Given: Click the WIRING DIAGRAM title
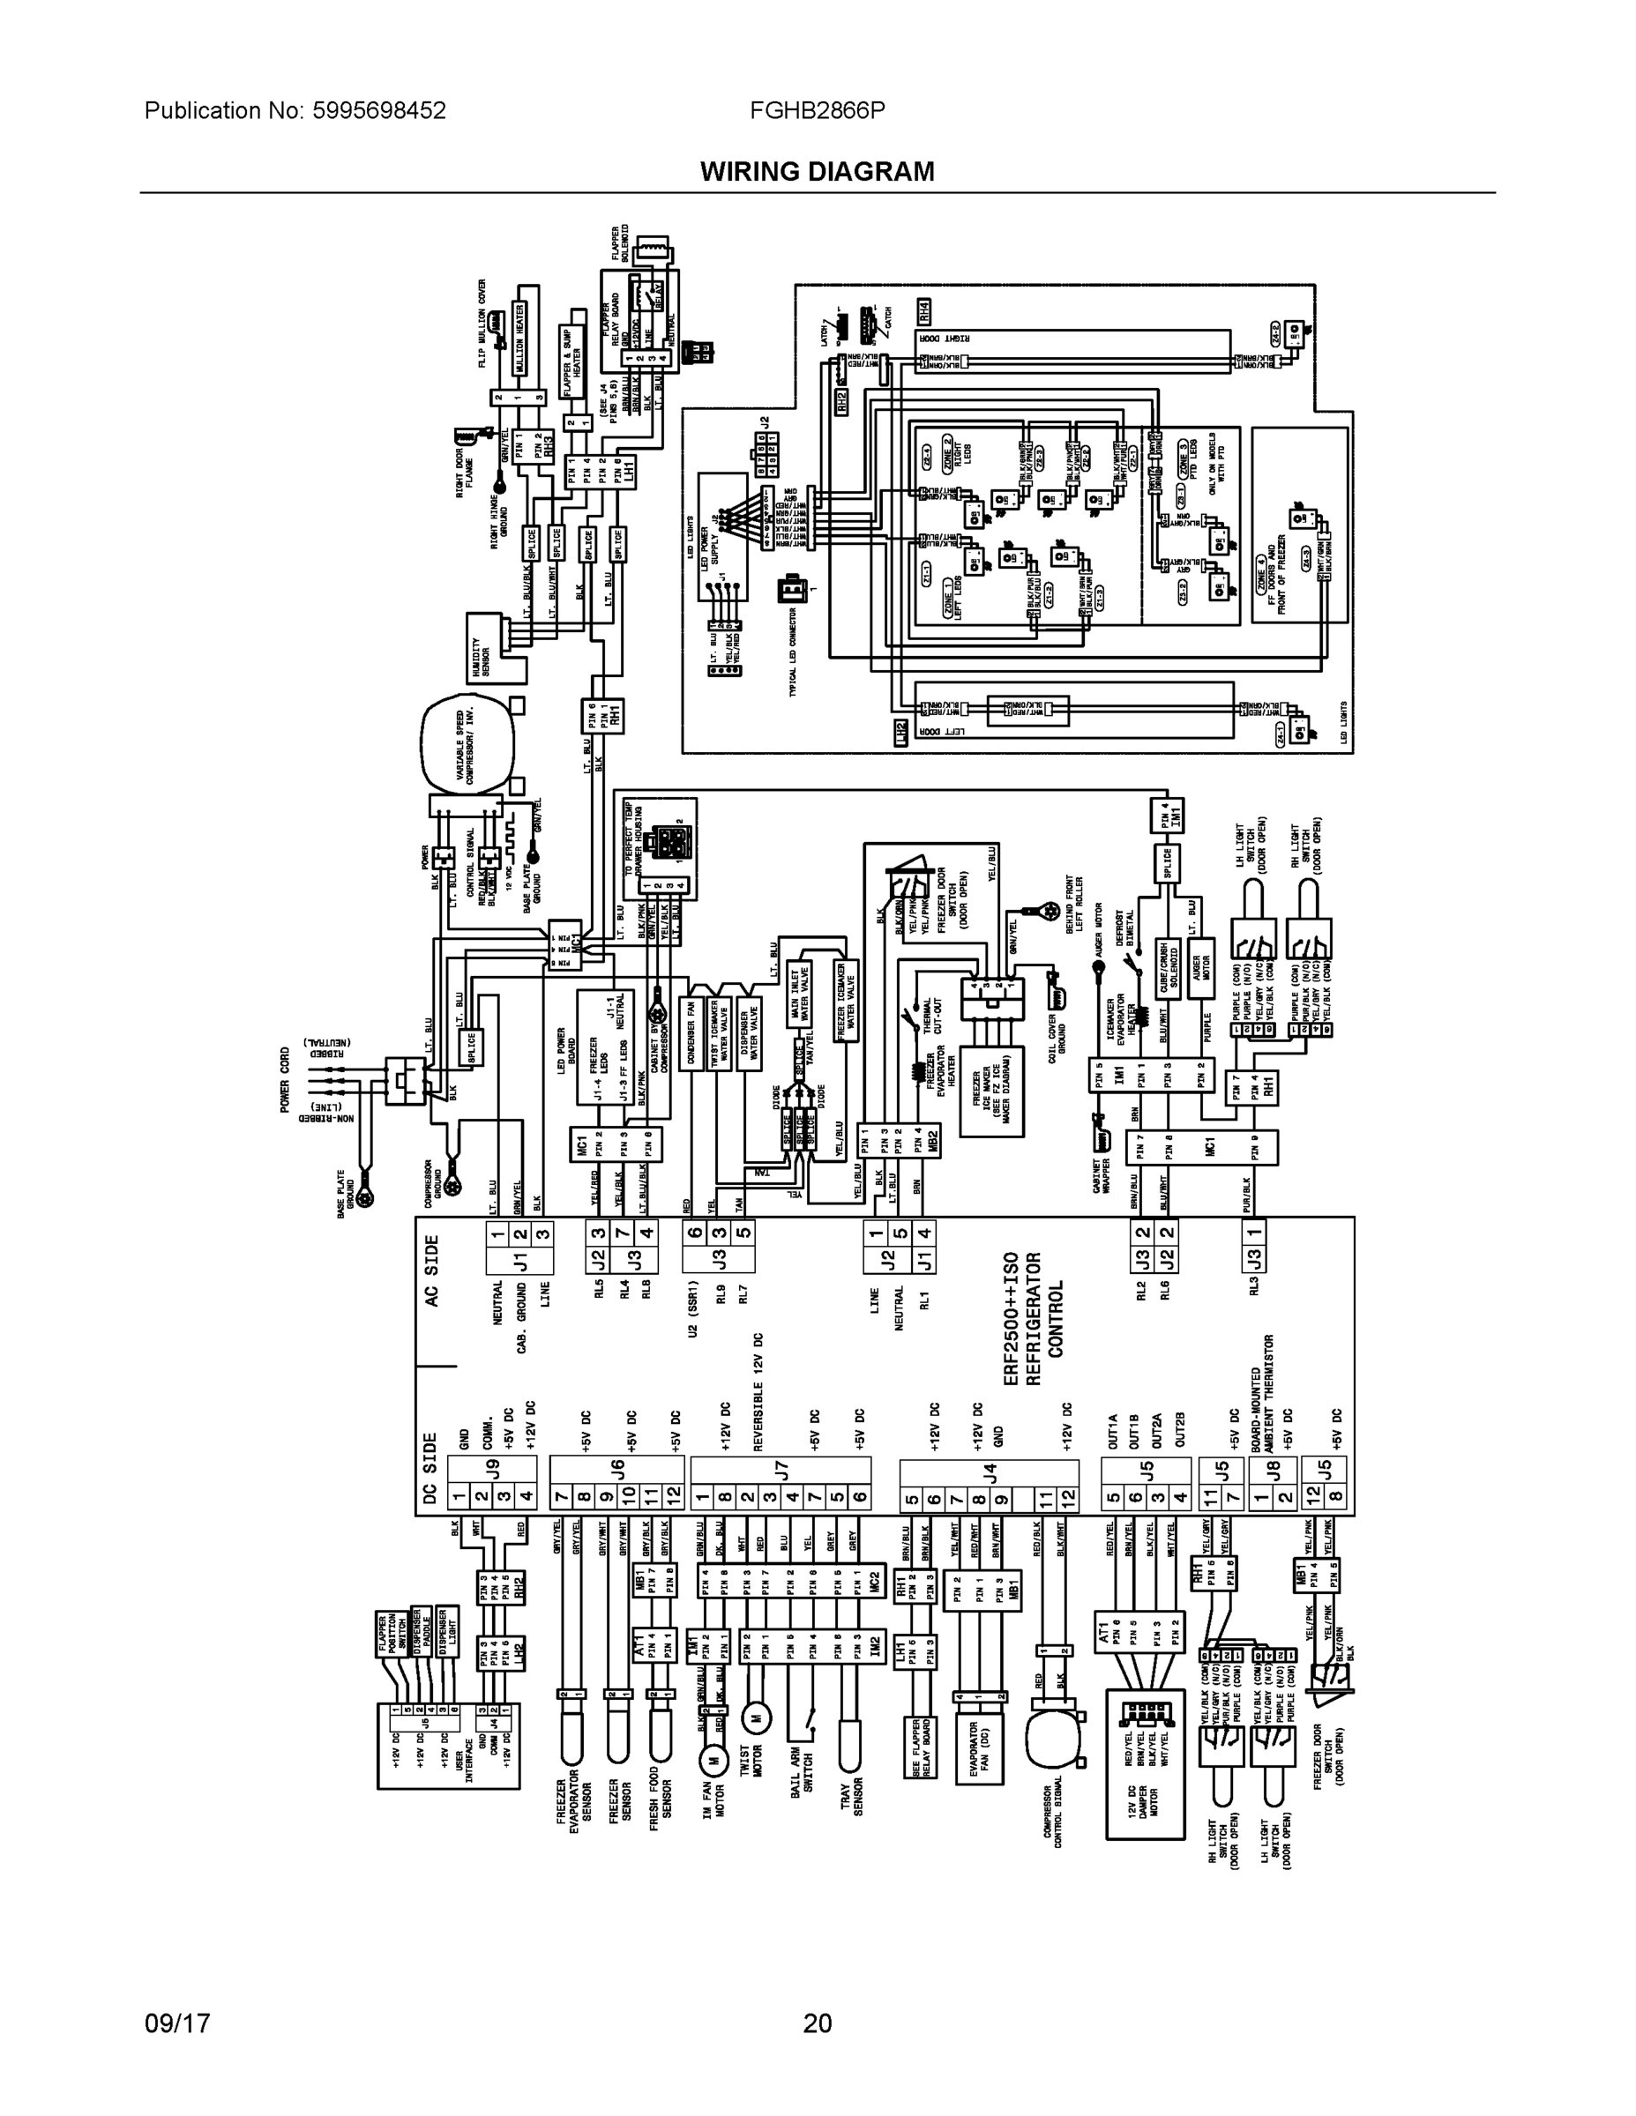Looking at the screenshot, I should [817, 172].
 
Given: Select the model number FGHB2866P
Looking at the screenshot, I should [817, 110].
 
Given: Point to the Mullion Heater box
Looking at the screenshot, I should [521, 339].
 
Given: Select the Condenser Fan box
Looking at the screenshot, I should [692, 1032].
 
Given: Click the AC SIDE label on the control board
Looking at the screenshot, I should [431, 1271].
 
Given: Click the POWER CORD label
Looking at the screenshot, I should [286, 1079].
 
